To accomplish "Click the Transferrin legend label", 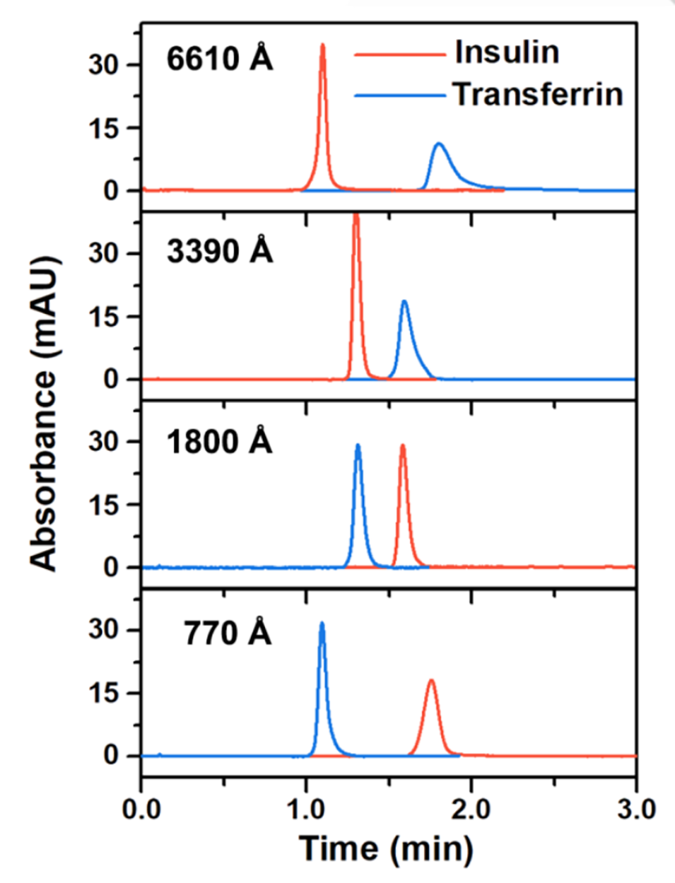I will coord(538,94).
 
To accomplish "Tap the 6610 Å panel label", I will coord(219,59).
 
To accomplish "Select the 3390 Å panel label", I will coord(219,250).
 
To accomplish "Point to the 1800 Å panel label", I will coord(219,442).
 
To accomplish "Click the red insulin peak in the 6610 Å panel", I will coord(323,47).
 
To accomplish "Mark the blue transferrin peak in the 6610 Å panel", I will coord(439,145).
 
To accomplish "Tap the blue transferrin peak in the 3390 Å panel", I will coord(404,303).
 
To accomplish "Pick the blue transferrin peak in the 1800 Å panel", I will coord(358,446).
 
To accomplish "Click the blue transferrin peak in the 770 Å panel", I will coord(322,624).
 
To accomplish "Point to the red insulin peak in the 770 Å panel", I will coord(430,682).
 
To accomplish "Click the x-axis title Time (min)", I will coord(386,848).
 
